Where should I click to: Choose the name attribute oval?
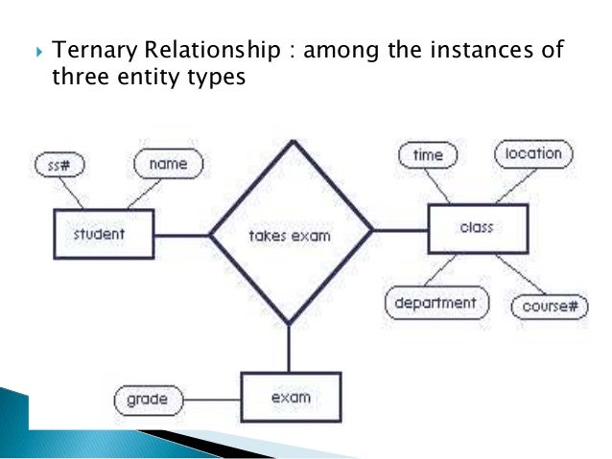(168, 164)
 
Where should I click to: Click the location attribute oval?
(533, 152)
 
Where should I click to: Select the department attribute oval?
(435, 304)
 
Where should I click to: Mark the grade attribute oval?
(147, 398)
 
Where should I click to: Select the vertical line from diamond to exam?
(288, 348)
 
